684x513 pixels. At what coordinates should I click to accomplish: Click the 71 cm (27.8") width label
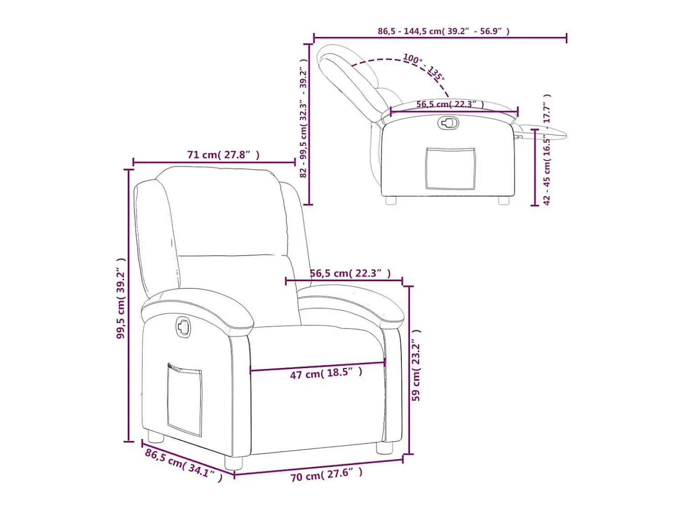click(x=223, y=155)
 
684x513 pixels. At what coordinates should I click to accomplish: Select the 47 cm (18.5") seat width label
click(x=326, y=373)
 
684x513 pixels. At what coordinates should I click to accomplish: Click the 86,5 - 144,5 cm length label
click(x=443, y=31)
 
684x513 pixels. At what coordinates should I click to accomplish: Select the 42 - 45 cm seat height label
click(x=547, y=150)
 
